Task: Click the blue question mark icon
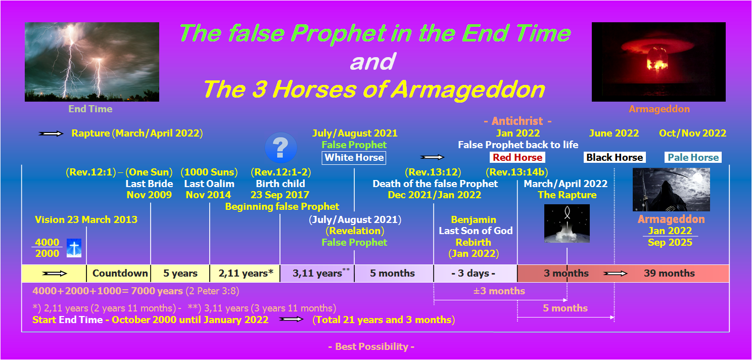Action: click(x=280, y=148)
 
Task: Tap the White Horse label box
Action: click(x=354, y=158)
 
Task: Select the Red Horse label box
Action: click(x=518, y=157)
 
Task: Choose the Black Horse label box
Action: click(x=615, y=157)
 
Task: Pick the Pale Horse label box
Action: click(x=693, y=157)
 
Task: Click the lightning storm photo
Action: click(x=92, y=62)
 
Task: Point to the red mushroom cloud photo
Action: click(x=659, y=62)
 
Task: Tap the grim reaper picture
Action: click(x=671, y=190)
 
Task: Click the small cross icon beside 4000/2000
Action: click(x=74, y=248)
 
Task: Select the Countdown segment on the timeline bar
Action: click(x=119, y=274)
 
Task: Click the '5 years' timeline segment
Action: click(x=180, y=274)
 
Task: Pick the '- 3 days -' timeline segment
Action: click(x=476, y=274)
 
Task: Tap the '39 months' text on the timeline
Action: click(x=669, y=274)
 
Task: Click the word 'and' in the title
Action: click(x=372, y=62)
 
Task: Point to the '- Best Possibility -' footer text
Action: click(x=371, y=346)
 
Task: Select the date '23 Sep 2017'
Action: click(x=279, y=195)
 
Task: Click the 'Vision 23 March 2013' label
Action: click(x=86, y=219)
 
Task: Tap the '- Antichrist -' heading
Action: click(x=518, y=121)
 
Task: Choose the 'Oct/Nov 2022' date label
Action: click(x=692, y=133)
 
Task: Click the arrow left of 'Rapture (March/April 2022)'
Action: click(x=51, y=133)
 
